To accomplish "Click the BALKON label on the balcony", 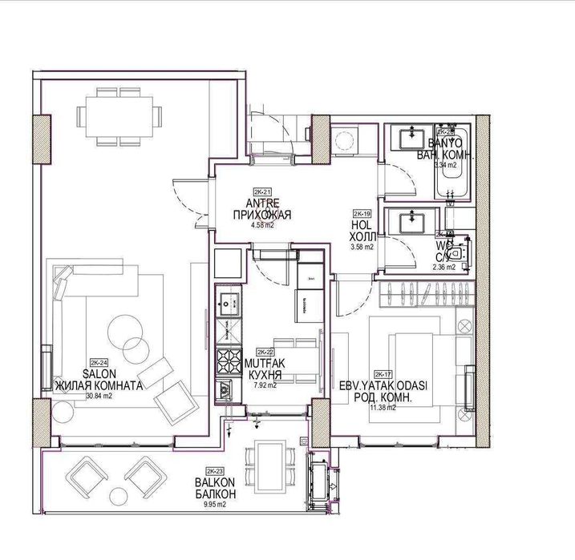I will click(x=213, y=483).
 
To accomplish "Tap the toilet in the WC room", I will click(x=457, y=253).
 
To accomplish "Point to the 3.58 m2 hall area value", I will click(x=362, y=248).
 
